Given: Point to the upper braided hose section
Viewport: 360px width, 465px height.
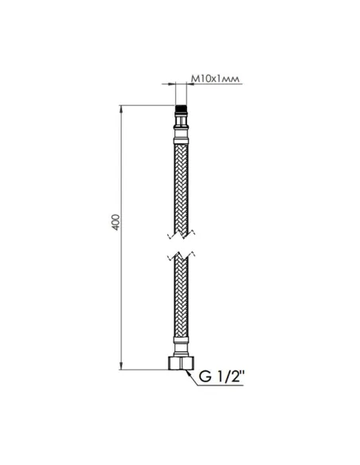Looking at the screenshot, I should pyautogui.click(x=182, y=183).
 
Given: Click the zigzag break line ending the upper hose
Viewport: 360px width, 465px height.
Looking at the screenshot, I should pyautogui.click(x=182, y=236).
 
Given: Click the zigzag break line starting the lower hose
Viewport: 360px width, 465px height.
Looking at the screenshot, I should pyautogui.click(x=182, y=256).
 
